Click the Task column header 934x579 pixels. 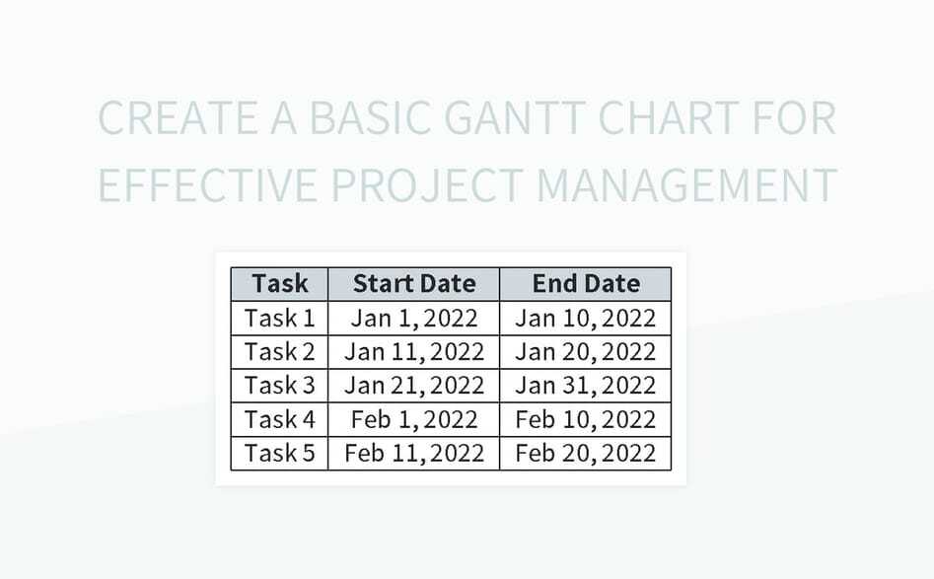(x=280, y=284)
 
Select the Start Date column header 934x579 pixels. (x=414, y=284)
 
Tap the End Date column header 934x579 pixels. (x=586, y=284)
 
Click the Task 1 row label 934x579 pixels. (x=280, y=319)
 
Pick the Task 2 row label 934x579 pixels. (x=280, y=352)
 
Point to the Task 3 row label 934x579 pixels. (x=280, y=386)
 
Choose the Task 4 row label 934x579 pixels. (x=280, y=419)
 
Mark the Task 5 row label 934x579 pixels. (x=280, y=453)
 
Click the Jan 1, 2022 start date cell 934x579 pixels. (x=414, y=319)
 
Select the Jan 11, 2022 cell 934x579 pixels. (x=414, y=352)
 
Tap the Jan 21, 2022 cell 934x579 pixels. (x=414, y=386)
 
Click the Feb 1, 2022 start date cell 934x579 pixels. (x=414, y=419)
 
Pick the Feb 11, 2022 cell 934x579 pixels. (x=414, y=453)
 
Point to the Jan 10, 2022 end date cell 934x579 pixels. (x=586, y=319)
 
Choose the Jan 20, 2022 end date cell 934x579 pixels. (x=586, y=352)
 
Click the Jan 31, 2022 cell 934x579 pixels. (x=586, y=386)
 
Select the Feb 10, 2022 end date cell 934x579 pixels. (x=586, y=419)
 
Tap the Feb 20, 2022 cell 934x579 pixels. (x=586, y=453)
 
